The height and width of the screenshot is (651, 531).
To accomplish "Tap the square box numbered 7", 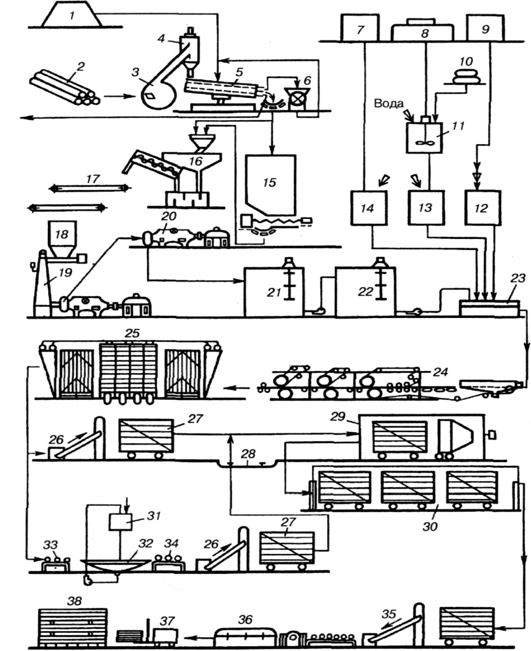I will click(359, 28).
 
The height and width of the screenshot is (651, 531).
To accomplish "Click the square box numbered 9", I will click(485, 28).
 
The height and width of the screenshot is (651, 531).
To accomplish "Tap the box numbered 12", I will click(483, 208).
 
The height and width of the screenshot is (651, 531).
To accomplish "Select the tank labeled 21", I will click(273, 291).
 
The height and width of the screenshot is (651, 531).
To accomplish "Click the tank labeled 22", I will click(364, 291).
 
